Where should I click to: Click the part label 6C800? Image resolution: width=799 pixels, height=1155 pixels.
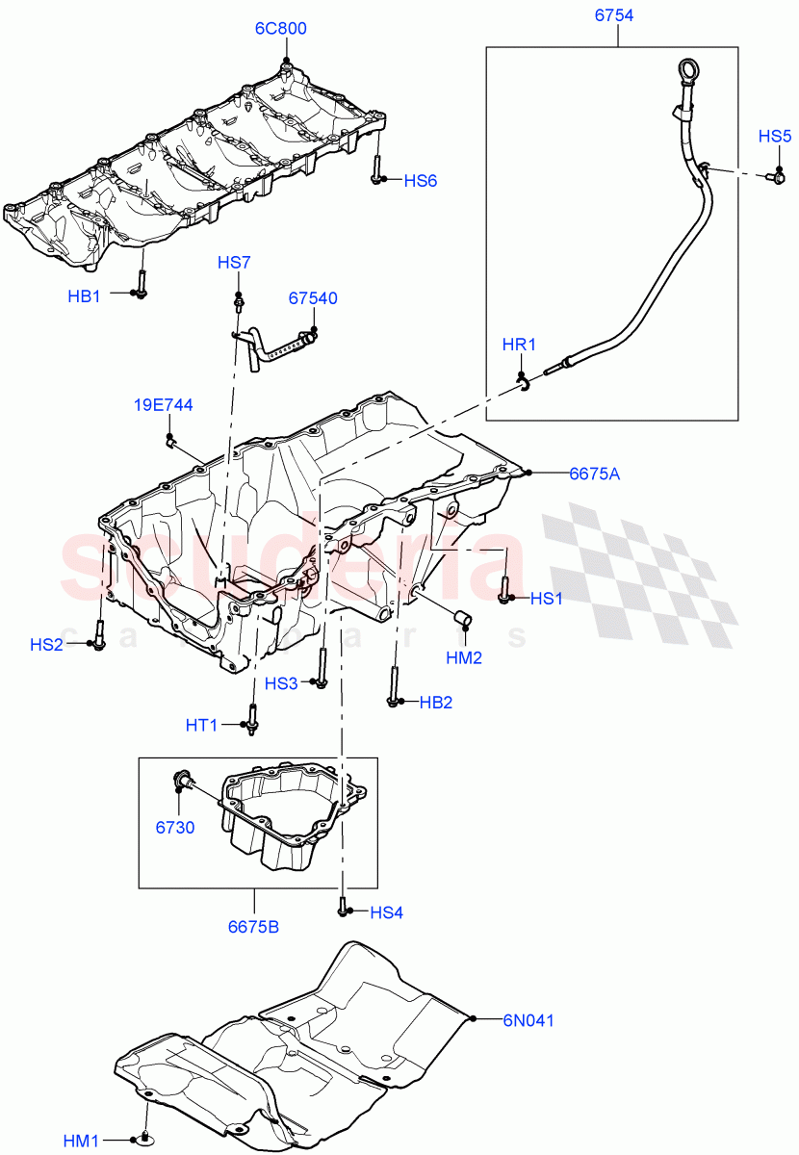280,29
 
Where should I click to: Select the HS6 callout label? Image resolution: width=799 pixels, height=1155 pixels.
420,180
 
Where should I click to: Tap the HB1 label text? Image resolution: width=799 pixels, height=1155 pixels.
84,296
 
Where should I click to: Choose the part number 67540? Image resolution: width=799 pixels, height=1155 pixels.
313,298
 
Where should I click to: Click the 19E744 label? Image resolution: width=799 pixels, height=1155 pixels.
163,405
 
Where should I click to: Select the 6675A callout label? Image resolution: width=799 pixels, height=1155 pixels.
594,473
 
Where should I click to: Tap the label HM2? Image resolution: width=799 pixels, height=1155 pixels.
464,658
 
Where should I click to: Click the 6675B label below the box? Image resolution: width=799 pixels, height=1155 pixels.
253,928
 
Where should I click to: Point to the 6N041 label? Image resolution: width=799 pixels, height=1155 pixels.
528,1018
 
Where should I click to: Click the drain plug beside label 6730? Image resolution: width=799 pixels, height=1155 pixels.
180,781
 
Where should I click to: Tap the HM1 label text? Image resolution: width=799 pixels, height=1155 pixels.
83,1141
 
